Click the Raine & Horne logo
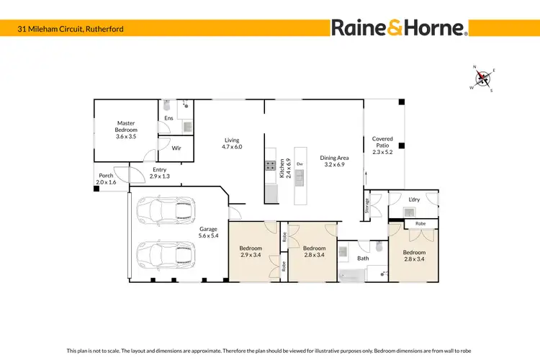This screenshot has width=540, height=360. tap(400, 28)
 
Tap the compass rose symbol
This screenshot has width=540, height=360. tap(482, 78)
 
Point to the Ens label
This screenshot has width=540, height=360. tap(168, 118)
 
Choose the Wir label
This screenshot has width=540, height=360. tap(176, 148)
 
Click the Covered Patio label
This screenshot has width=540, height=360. tap(382, 143)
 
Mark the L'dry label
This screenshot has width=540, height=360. tap(413, 199)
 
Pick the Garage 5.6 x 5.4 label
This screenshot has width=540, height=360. tap(209, 233)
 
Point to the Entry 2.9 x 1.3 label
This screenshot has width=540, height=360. tap(158, 174)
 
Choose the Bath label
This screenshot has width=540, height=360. tap(363, 258)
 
